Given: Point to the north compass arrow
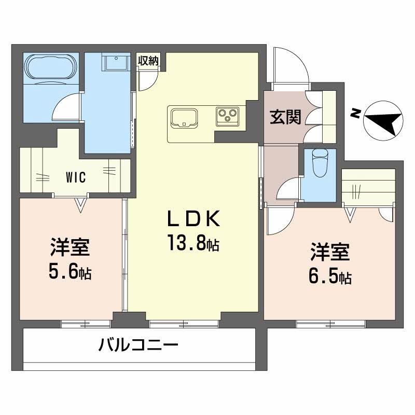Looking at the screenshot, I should (383, 121).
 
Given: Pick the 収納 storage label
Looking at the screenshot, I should (147, 60).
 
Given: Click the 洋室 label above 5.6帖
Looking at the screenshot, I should (71, 247).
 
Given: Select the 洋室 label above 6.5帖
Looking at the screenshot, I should (330, 253).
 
